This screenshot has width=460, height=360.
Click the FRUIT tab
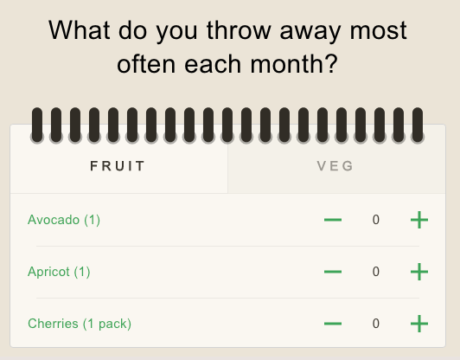tap(118, 166)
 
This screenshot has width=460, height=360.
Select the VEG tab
tap(336, 166)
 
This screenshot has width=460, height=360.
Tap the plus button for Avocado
tap(419, 220)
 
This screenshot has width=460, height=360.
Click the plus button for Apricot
tap(419, 272)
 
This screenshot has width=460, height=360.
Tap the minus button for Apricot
tap(333, 272)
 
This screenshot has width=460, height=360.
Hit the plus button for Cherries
tap(419, 324)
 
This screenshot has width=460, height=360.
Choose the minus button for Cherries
tap(333, 324)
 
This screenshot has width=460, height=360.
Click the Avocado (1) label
tap(64, 220)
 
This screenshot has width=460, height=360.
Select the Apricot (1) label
tap(59, 272)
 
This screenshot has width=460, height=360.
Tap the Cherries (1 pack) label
tap(80, 324)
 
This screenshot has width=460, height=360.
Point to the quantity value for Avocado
tap(376, 220)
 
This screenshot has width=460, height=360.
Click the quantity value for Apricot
tap(376, 272)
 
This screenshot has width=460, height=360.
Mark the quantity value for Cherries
tap(376, 324)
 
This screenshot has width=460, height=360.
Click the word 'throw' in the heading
tap(239, 30)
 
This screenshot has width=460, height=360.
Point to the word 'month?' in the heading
tap(294, 64)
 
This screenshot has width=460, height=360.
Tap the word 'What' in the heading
tap(80, 30)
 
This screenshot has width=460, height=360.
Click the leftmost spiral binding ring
tap(37, 125)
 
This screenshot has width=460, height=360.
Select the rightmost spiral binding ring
tap(418, 125)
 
